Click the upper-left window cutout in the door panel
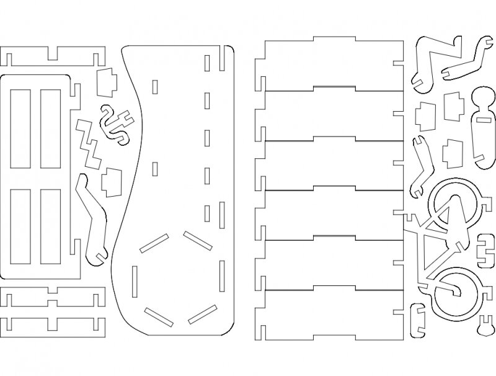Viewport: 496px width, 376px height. click(20, 127)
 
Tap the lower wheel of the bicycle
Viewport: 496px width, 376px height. click(456, 291)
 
